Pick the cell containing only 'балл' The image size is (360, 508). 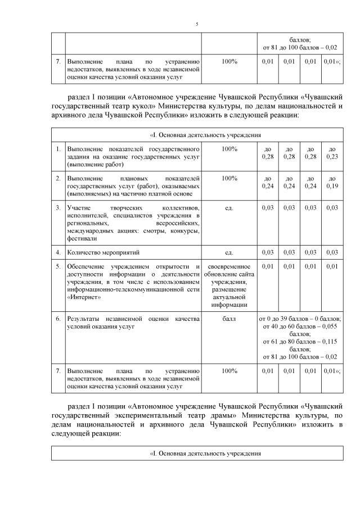point(229,319)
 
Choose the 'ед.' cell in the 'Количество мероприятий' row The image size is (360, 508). point(229,253)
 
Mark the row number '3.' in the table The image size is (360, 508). point(58,208)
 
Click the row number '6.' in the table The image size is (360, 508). point(58,319)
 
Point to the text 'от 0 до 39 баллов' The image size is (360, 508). point(285,319)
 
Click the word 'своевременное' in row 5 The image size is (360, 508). point(229,266)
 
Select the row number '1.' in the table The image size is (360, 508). point(58,149)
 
